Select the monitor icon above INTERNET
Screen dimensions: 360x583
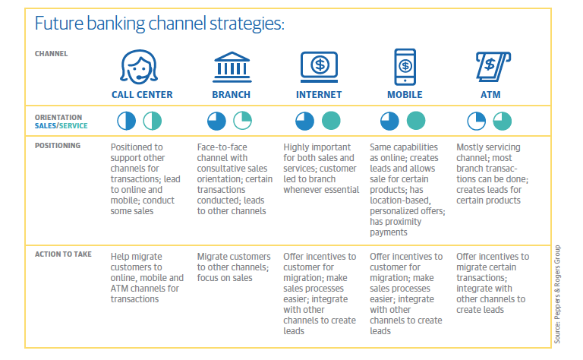[x=320, y=67]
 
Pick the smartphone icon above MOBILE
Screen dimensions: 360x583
[x=406, y=67]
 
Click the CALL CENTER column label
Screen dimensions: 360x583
[x=142, y=95]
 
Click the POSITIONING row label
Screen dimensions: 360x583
[x=58, y=145]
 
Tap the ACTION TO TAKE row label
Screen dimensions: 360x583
[x=64, y=254]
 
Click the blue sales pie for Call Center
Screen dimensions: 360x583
[x=127, y=121]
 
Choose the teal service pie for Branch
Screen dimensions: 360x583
[x=242, y=121]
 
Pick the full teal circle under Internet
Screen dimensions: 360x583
[x=330, y=121]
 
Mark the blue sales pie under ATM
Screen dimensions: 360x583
[x=477, y=121]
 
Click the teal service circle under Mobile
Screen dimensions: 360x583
[x=416, y=121]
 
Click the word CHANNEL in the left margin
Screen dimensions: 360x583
[x=51, y=54]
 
